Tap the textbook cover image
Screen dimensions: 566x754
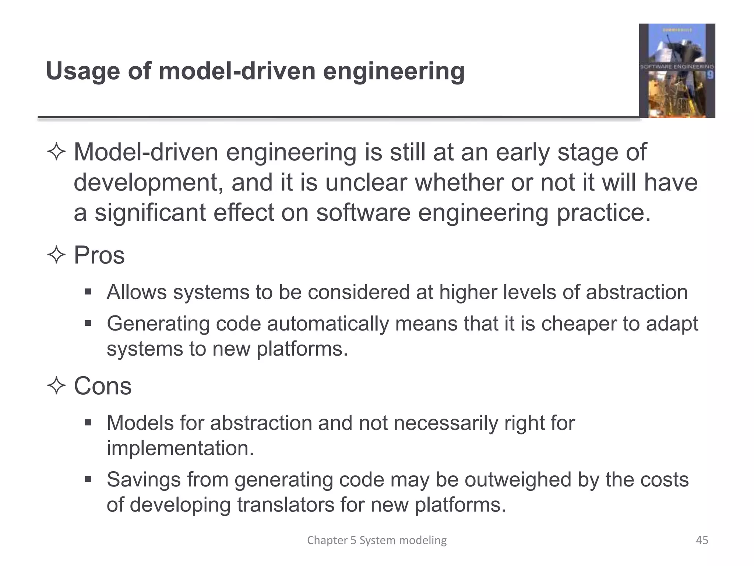point(677,71)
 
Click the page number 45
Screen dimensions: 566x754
point(702,540)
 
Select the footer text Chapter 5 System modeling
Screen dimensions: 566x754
point(377,540)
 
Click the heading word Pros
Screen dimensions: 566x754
point(99,255)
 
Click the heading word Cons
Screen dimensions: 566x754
point(102,386)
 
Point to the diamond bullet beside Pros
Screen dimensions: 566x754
point(56,255)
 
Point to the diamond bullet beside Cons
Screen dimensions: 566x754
point(56,386)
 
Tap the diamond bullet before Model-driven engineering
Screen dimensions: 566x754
point(56,153)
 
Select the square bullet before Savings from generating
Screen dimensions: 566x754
point(88,480)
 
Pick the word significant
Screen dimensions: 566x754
point(150,213)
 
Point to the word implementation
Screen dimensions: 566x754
point(180,448)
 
